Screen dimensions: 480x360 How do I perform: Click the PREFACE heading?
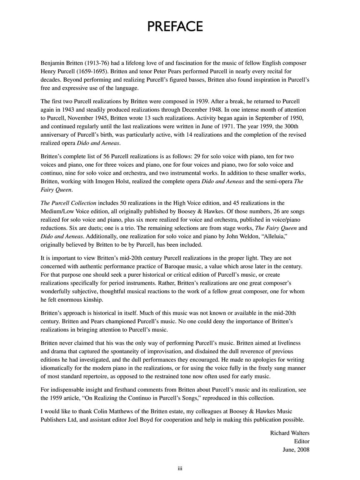click(x=175, y=27)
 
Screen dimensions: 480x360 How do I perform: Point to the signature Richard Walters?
click(x=290, y=433)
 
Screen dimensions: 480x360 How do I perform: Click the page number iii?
click(x=180, y=468)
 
